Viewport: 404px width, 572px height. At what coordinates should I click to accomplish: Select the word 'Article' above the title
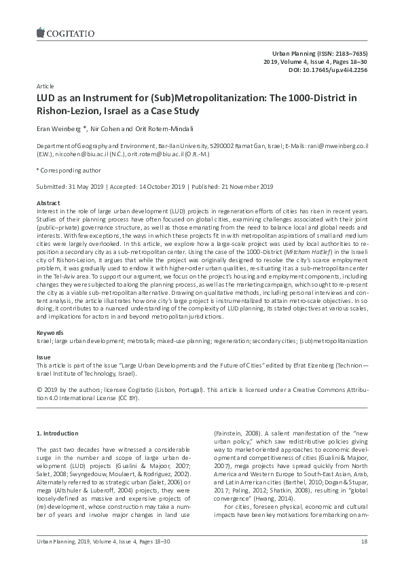[44, 87]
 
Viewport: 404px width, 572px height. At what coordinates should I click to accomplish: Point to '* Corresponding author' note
[68, 171]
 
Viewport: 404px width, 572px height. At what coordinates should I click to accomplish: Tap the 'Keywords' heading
[49, 332]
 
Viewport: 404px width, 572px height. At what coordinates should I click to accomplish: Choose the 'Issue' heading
[43, 357]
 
